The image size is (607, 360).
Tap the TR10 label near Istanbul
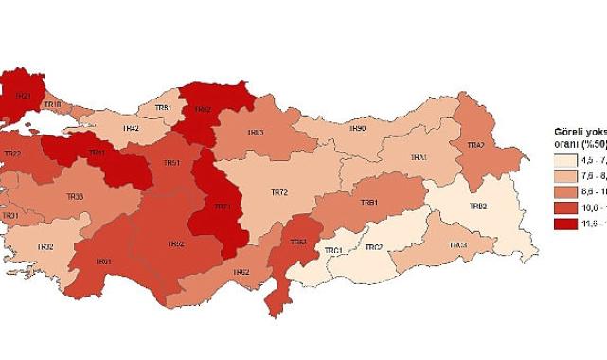tap(53, 103)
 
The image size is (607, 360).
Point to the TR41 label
tap(97, 153)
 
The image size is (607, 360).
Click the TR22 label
tap(13, 153)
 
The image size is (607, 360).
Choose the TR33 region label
tap(75, 196)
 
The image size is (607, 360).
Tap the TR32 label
tap(45, 247)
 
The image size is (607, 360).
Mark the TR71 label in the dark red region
tap(223, 207)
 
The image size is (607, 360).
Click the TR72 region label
tap(279, 192)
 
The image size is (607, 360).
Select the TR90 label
tap(357, 128)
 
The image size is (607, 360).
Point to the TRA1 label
tap(418, 157)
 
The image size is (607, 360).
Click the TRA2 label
tap(475, 145)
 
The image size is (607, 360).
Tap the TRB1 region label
tap(369, 203)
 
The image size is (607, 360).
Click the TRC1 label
tap(332, 250)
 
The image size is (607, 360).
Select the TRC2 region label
tap(375, 247)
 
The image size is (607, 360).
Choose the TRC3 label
tap(457, 245)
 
